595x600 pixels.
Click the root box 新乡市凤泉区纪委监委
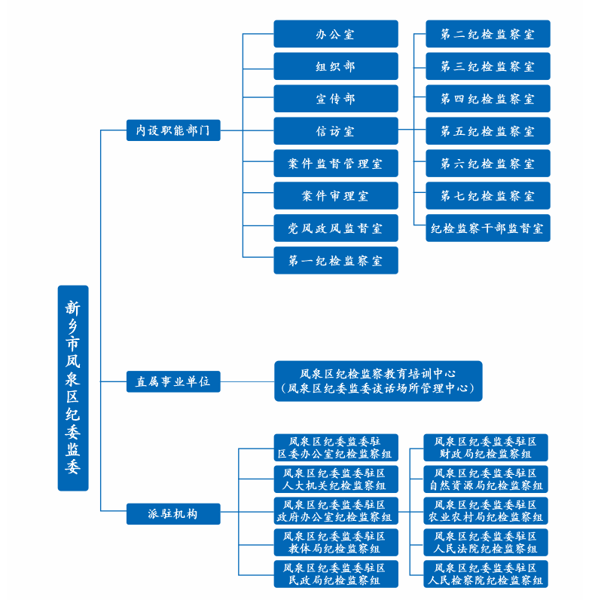[x=73, y=387]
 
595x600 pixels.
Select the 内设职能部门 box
[x=173, y=130]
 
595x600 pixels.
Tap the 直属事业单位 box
[x=173, y=382]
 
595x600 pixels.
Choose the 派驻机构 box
[x=173, y=514]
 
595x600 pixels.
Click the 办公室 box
[x=335, y=34]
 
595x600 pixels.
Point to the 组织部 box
[x=335, y=66]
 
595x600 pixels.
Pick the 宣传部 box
[x=335, y=99]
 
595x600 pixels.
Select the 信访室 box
[x=335, y=131]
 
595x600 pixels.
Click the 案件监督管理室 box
[x=335, y=164]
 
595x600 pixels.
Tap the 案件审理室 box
[x=335, y=196]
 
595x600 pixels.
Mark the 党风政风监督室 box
[x=335, y=228]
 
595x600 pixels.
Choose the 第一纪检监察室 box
[x=335, y=261]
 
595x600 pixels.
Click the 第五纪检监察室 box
[x=487, y=131]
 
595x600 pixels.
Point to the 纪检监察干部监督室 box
[x=487, y=228]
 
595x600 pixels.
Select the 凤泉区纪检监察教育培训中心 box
[x=377, y=381]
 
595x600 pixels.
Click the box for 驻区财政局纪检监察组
[x=486, y=448]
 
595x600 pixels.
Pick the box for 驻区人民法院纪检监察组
[x=486, y=543]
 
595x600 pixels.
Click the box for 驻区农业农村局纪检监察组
[x=486, y=511]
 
